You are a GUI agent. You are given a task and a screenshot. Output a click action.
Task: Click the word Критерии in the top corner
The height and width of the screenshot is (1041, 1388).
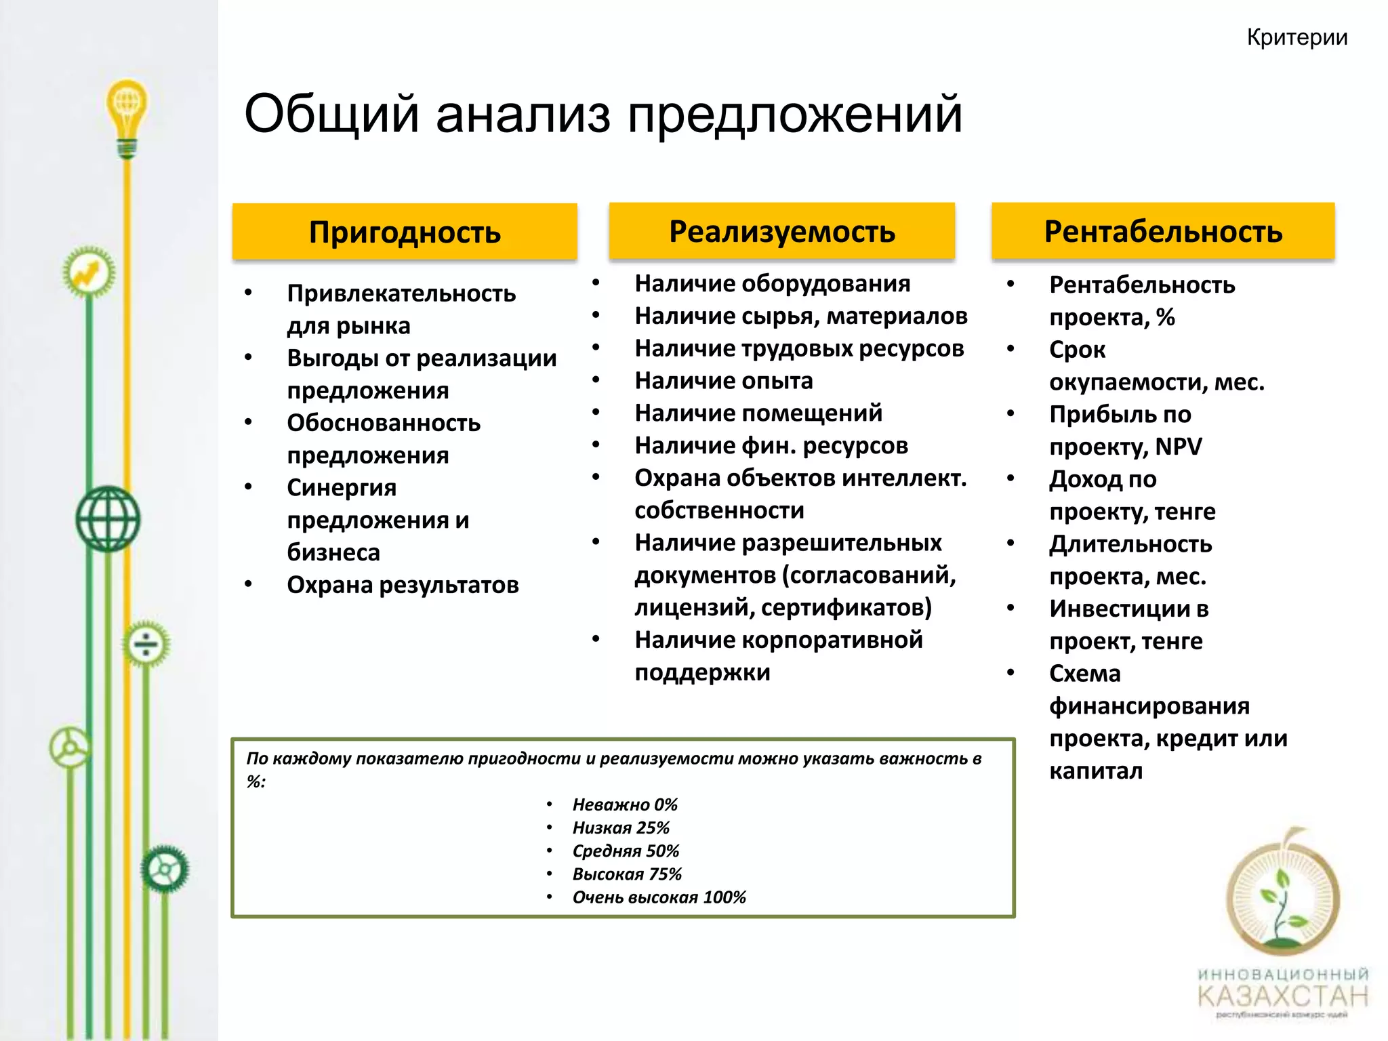(1297, 38)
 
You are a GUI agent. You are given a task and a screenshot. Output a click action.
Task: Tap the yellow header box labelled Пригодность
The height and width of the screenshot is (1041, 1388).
(405, 232)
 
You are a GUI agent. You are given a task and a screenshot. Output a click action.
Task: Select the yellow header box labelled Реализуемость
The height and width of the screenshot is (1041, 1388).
(781, 231)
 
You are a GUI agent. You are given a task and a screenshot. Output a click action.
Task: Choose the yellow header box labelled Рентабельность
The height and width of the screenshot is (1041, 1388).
(1163, 231)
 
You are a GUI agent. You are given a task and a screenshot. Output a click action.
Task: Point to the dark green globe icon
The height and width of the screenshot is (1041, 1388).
(108, 518)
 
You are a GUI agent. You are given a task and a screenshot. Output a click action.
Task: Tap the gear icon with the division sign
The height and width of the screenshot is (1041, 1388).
(146, 643)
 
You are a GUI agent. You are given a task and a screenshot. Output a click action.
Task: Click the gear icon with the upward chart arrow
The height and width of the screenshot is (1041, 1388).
(89, 273)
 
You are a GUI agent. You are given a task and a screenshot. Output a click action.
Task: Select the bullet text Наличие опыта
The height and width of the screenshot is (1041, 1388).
(723, 381)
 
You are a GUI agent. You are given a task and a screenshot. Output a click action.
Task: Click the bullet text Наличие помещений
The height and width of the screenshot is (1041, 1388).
(758, 413)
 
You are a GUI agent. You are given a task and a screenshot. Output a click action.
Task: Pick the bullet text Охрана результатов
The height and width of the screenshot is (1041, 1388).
(403, 585)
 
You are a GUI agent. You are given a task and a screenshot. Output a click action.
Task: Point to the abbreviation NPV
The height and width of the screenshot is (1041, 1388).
(1178, 447)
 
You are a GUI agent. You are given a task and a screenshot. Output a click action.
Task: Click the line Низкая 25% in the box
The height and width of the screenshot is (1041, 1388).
(620, 828)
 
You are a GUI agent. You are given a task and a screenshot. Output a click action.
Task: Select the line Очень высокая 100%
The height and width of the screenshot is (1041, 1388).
(658, 897)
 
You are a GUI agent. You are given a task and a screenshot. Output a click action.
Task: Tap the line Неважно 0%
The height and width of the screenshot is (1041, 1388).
(624, 804)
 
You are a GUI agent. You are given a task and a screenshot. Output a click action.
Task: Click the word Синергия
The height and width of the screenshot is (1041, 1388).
(342, 487)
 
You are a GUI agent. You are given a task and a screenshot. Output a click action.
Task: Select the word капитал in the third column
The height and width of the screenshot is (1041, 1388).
(1095, 771)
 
